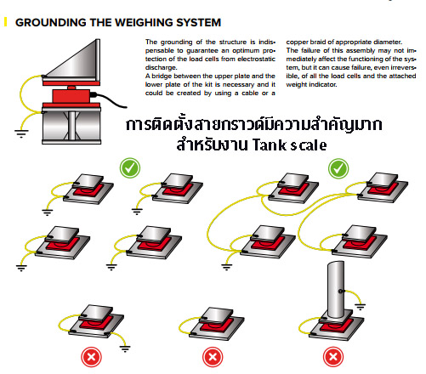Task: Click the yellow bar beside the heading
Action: click(5, 22)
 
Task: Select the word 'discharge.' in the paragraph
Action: click(162, 67)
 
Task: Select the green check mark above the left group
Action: click(130, 168)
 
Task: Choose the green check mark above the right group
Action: click(338, 168)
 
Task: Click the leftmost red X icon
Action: click(91, 357)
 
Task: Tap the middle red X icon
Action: click(213, 357)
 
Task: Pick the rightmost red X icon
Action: click(333, 357)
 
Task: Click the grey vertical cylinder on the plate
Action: click(336, 290)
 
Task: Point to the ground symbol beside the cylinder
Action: click(361, 307)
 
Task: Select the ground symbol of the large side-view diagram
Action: click(21, 133)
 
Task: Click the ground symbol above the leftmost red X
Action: click(125, 348)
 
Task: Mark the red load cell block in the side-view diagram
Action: click(71, 96)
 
